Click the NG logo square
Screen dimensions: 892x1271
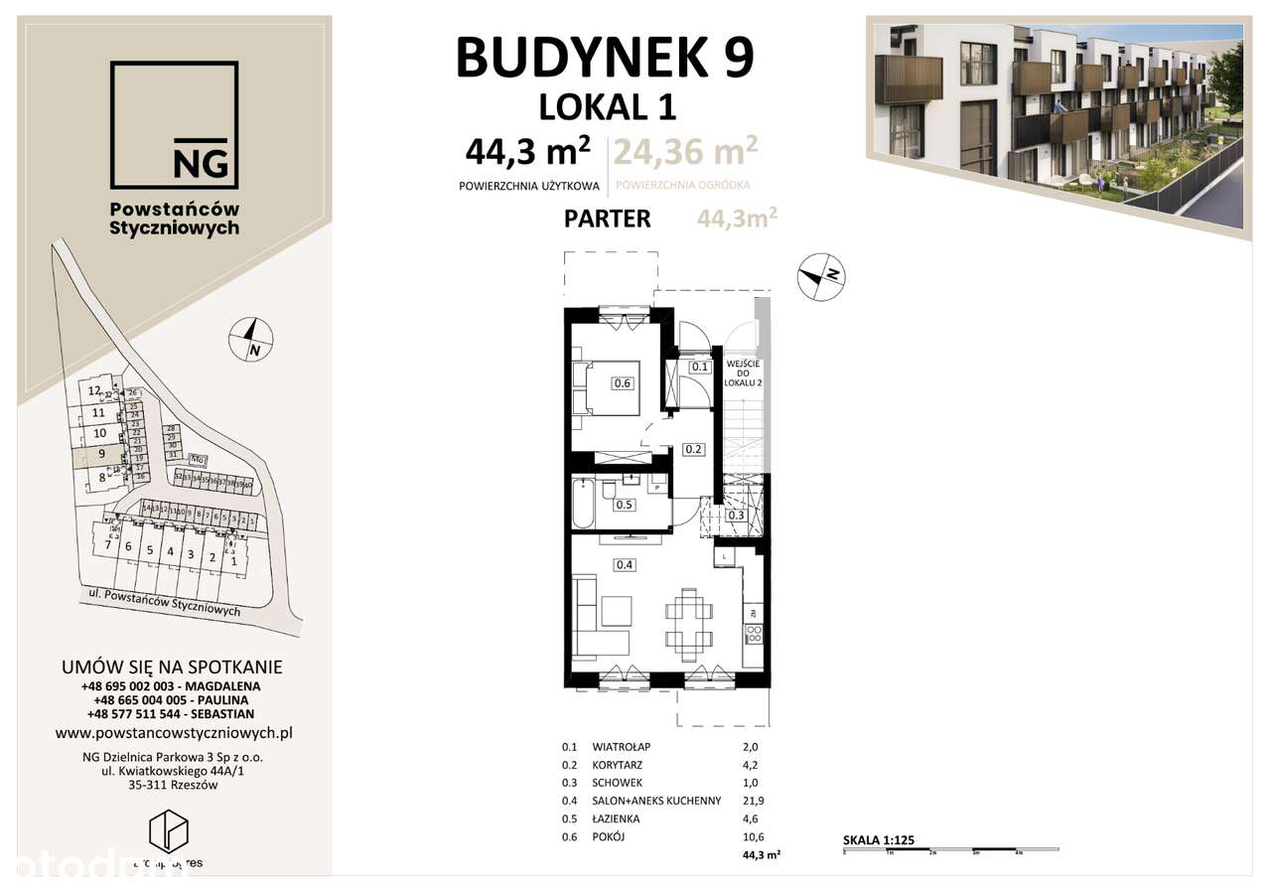174,125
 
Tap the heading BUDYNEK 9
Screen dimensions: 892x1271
605,58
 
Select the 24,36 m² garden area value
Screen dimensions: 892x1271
685,151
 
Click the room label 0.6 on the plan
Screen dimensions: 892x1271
623,383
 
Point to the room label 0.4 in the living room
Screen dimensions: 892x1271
626,565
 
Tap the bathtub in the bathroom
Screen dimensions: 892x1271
586,505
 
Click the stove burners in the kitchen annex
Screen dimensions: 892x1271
754,634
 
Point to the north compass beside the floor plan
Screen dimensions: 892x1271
821,275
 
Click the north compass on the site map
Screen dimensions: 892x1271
252,340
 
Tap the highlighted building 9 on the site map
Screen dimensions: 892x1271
99,455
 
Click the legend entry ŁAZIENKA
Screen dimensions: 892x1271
616,818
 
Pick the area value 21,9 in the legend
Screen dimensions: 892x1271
758,801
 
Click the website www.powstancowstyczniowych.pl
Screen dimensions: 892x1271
174,733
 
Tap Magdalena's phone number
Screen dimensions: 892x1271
171,686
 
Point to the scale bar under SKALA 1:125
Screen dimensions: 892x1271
950,850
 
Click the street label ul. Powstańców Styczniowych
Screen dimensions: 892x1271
159,603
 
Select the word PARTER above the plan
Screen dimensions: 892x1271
607,219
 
